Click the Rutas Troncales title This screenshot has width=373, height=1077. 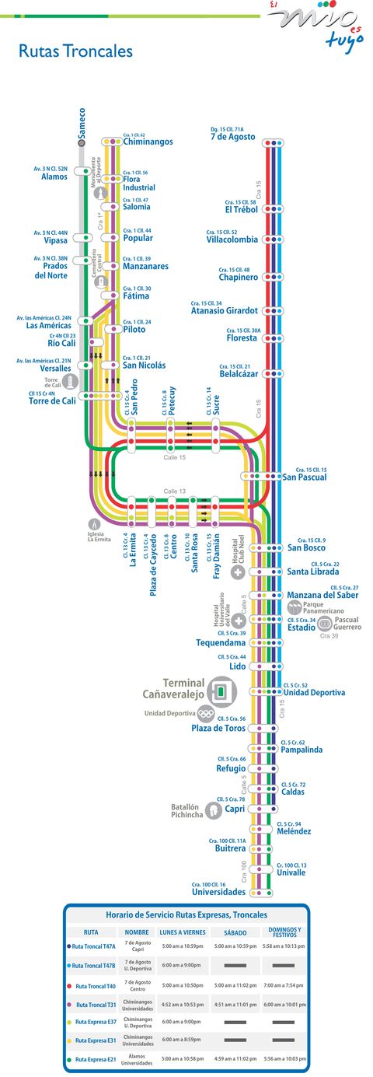75,52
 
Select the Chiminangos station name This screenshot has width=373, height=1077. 148,142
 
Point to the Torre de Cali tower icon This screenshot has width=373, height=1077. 71,382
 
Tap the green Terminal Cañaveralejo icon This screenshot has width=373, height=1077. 223,689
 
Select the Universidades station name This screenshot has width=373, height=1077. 218,892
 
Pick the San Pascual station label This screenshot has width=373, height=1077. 305,477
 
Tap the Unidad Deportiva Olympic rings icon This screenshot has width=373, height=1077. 205,713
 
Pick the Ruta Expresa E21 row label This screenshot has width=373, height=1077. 95,1059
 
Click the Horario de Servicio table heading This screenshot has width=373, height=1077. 186,914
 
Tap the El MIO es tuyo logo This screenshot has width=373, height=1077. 315,23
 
